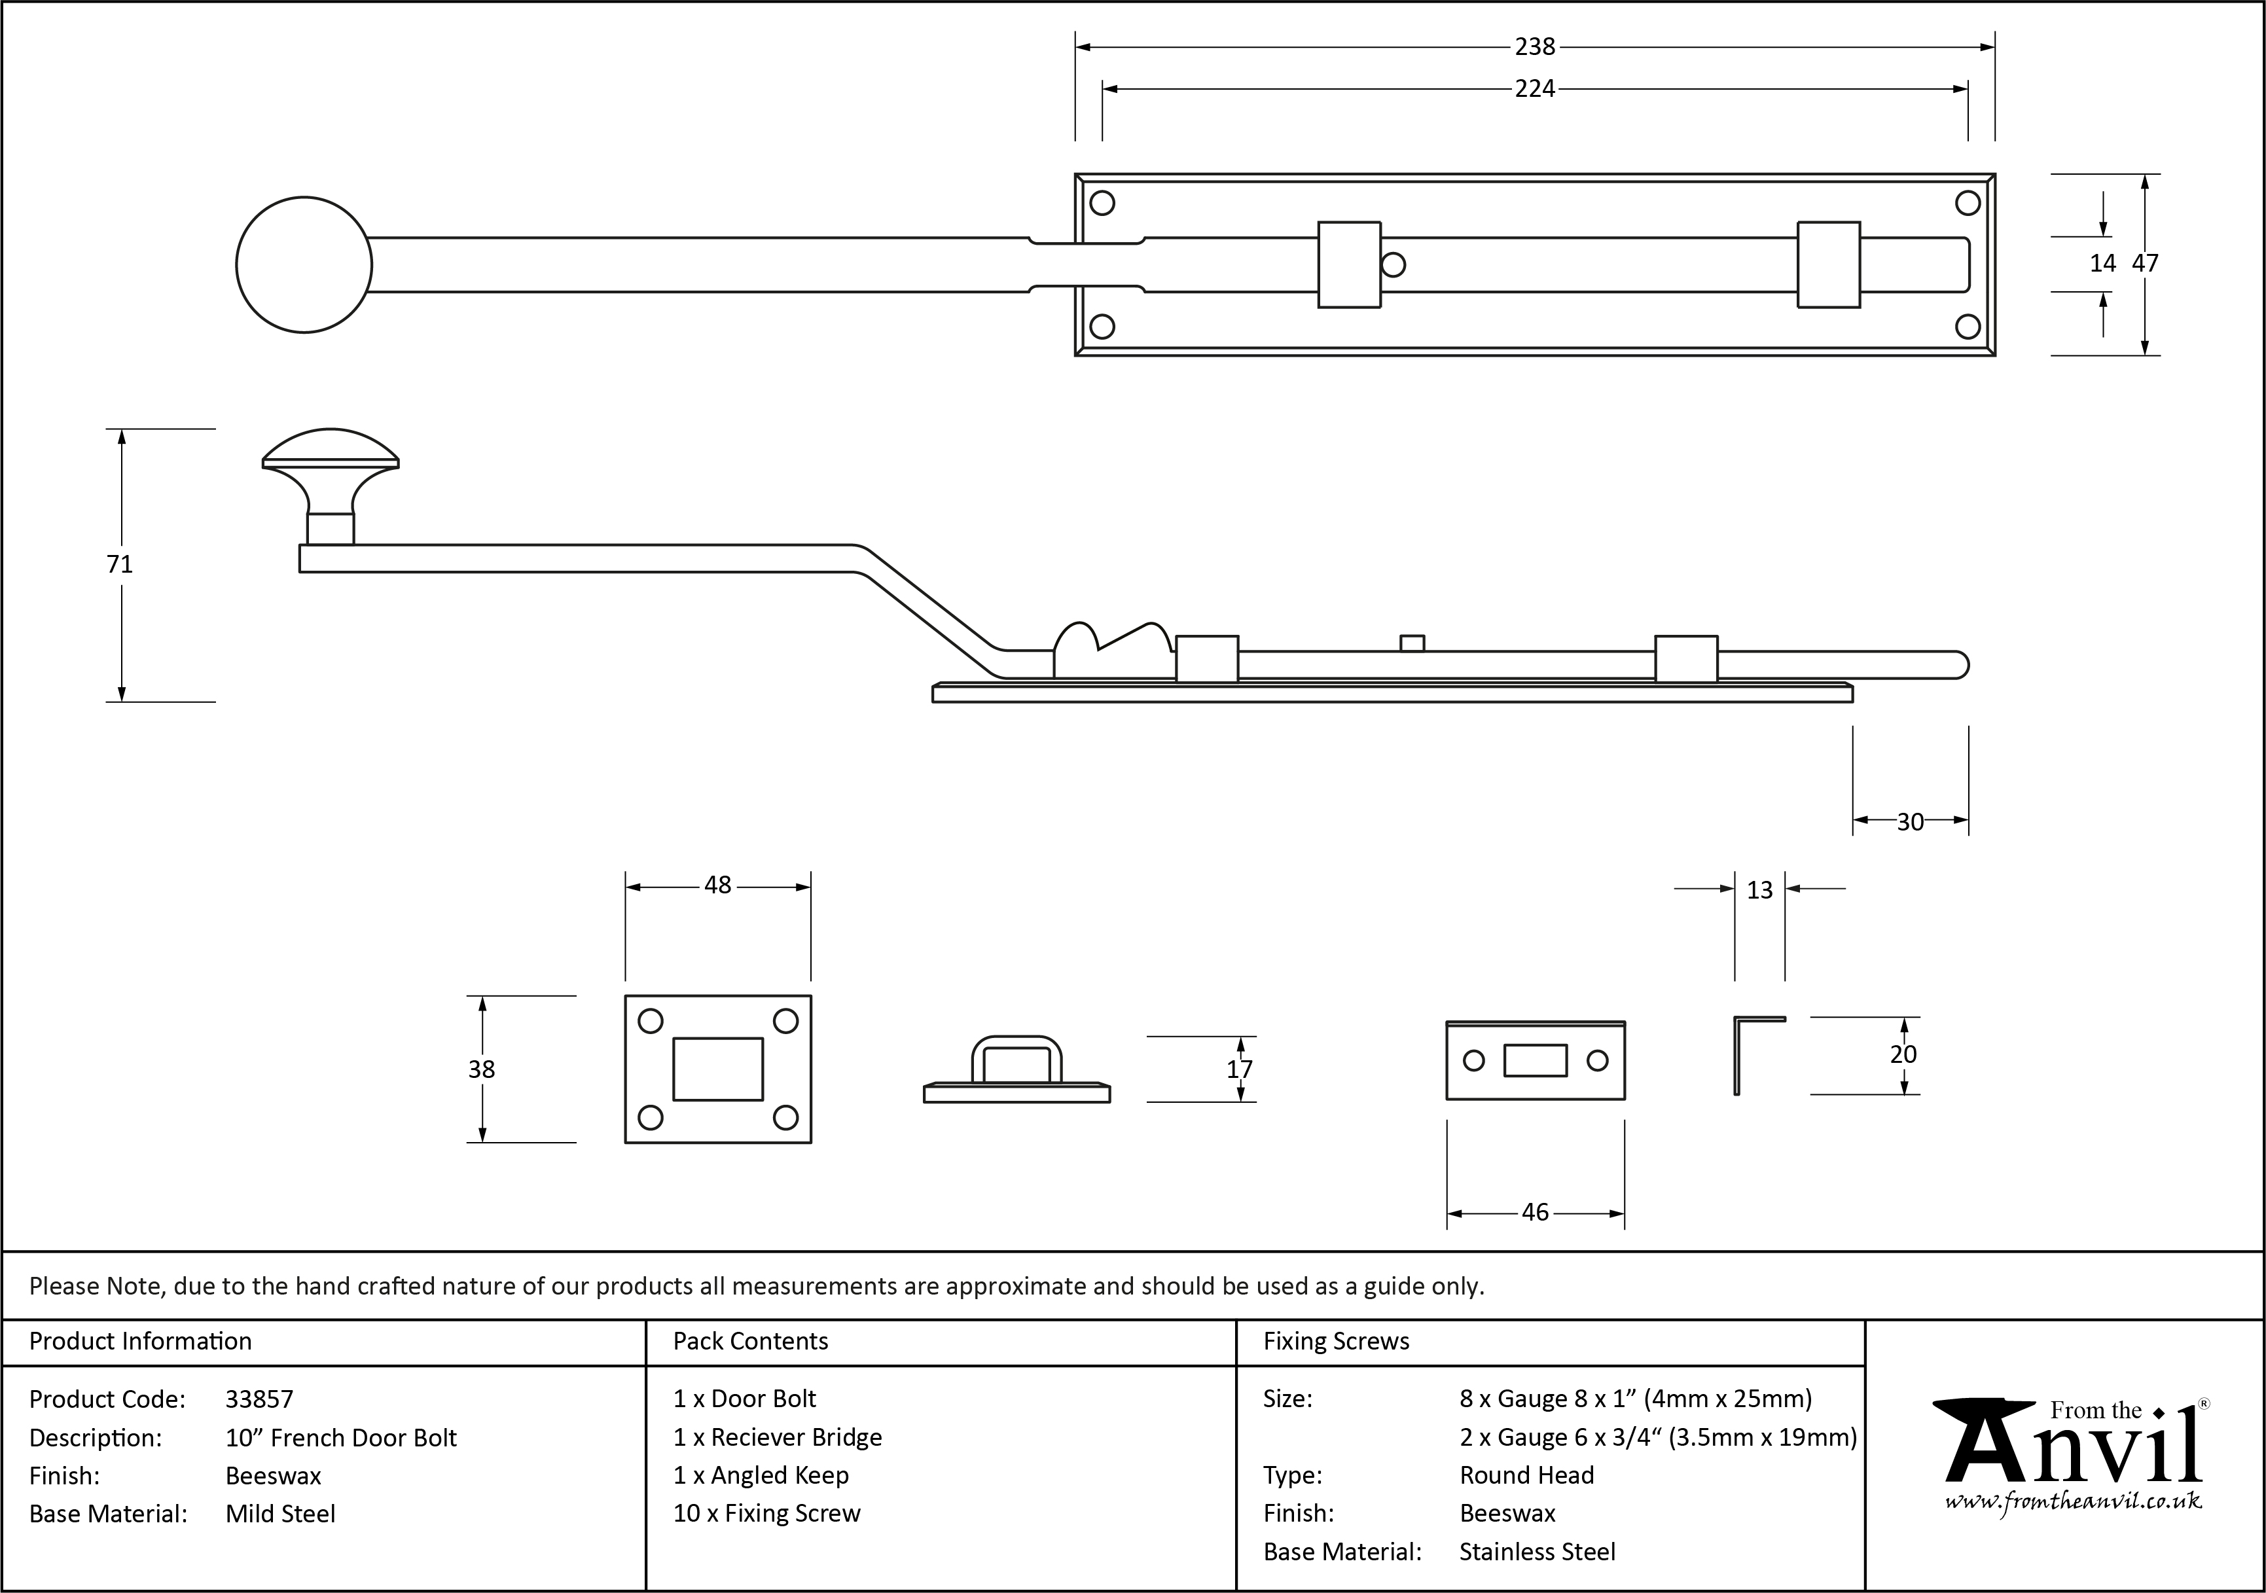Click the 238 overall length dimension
1535,46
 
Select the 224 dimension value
1535,89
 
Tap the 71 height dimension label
119,564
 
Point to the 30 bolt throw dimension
1910,821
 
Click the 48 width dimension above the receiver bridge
717,886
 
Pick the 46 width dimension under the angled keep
1535,1212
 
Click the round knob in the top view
304,264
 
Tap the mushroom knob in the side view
331,474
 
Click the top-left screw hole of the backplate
1102,204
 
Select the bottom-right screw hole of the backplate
1967,326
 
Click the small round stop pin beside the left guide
1394,264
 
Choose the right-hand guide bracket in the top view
1828,264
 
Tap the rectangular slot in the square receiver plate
717,1069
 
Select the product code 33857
259,1399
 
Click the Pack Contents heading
750,1341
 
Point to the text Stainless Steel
1537,1552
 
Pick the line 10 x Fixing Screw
767,1513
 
